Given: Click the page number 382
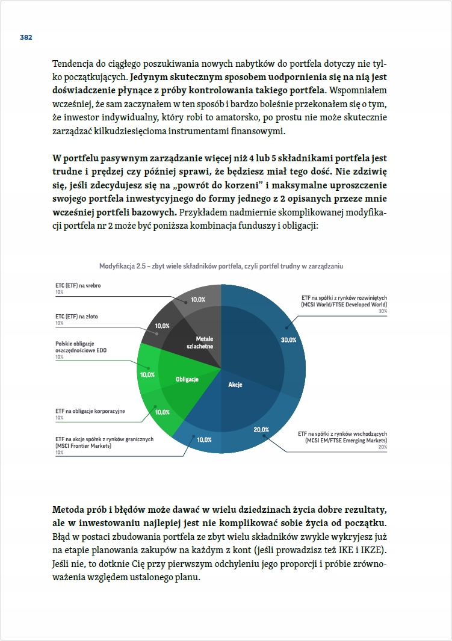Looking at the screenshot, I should click(25, 37).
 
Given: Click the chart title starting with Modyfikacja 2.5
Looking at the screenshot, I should click(221, 265).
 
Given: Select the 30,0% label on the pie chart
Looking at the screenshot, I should click(288, 339).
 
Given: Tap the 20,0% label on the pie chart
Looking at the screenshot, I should click(261, 429).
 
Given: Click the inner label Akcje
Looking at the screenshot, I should click(235, 385).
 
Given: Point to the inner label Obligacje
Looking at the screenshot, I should click(187, 379).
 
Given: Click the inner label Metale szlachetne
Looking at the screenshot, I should click(204, 343).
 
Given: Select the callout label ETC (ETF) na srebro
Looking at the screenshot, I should click(78, 285).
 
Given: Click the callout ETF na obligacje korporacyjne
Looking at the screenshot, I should click(90, 411).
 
